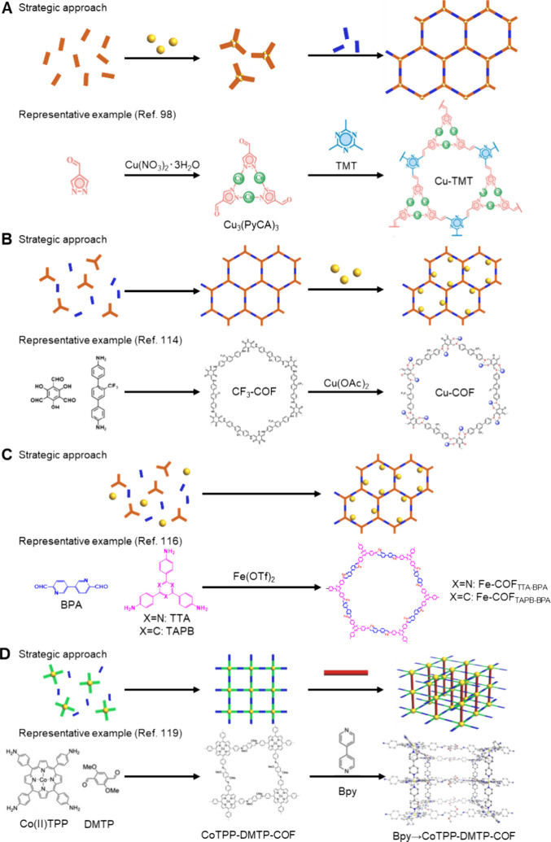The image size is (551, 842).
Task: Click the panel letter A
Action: tap(7, 7)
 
